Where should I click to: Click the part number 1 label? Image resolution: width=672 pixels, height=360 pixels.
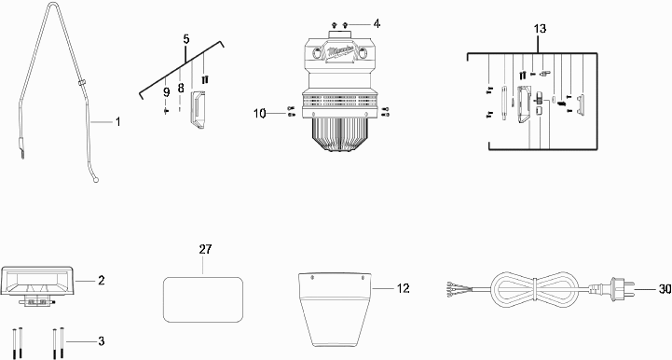coord(117,122)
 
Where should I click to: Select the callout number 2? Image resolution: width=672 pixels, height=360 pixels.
coord(102,281)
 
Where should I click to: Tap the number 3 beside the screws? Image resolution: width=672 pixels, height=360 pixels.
coord(102,341)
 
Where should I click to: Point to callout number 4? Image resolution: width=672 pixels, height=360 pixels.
coord(377,23)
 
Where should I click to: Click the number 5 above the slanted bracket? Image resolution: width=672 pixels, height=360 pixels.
coord(186,39)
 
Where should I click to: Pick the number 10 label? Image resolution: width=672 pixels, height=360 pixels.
coord(260,114)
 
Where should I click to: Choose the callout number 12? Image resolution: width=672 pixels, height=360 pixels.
coord(403,288)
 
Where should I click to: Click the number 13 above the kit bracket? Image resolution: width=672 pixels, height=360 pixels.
coord(540,29)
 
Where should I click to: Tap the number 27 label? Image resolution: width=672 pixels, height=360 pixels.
coord(205,249)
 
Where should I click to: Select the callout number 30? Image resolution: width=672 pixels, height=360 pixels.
coord(665,290)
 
